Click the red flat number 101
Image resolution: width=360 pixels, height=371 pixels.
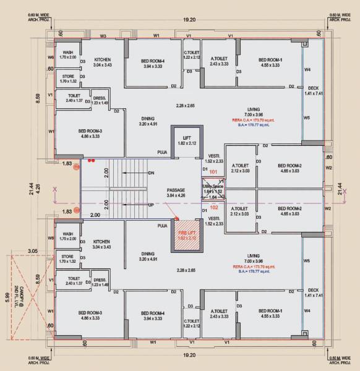pos(213,171)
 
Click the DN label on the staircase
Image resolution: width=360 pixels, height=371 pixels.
pos(152,173)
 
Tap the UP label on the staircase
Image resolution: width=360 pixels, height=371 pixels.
pos(151,205)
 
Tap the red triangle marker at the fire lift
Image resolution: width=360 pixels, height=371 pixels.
pos(176,218)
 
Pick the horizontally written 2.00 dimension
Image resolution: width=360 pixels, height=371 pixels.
pos(95,215)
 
